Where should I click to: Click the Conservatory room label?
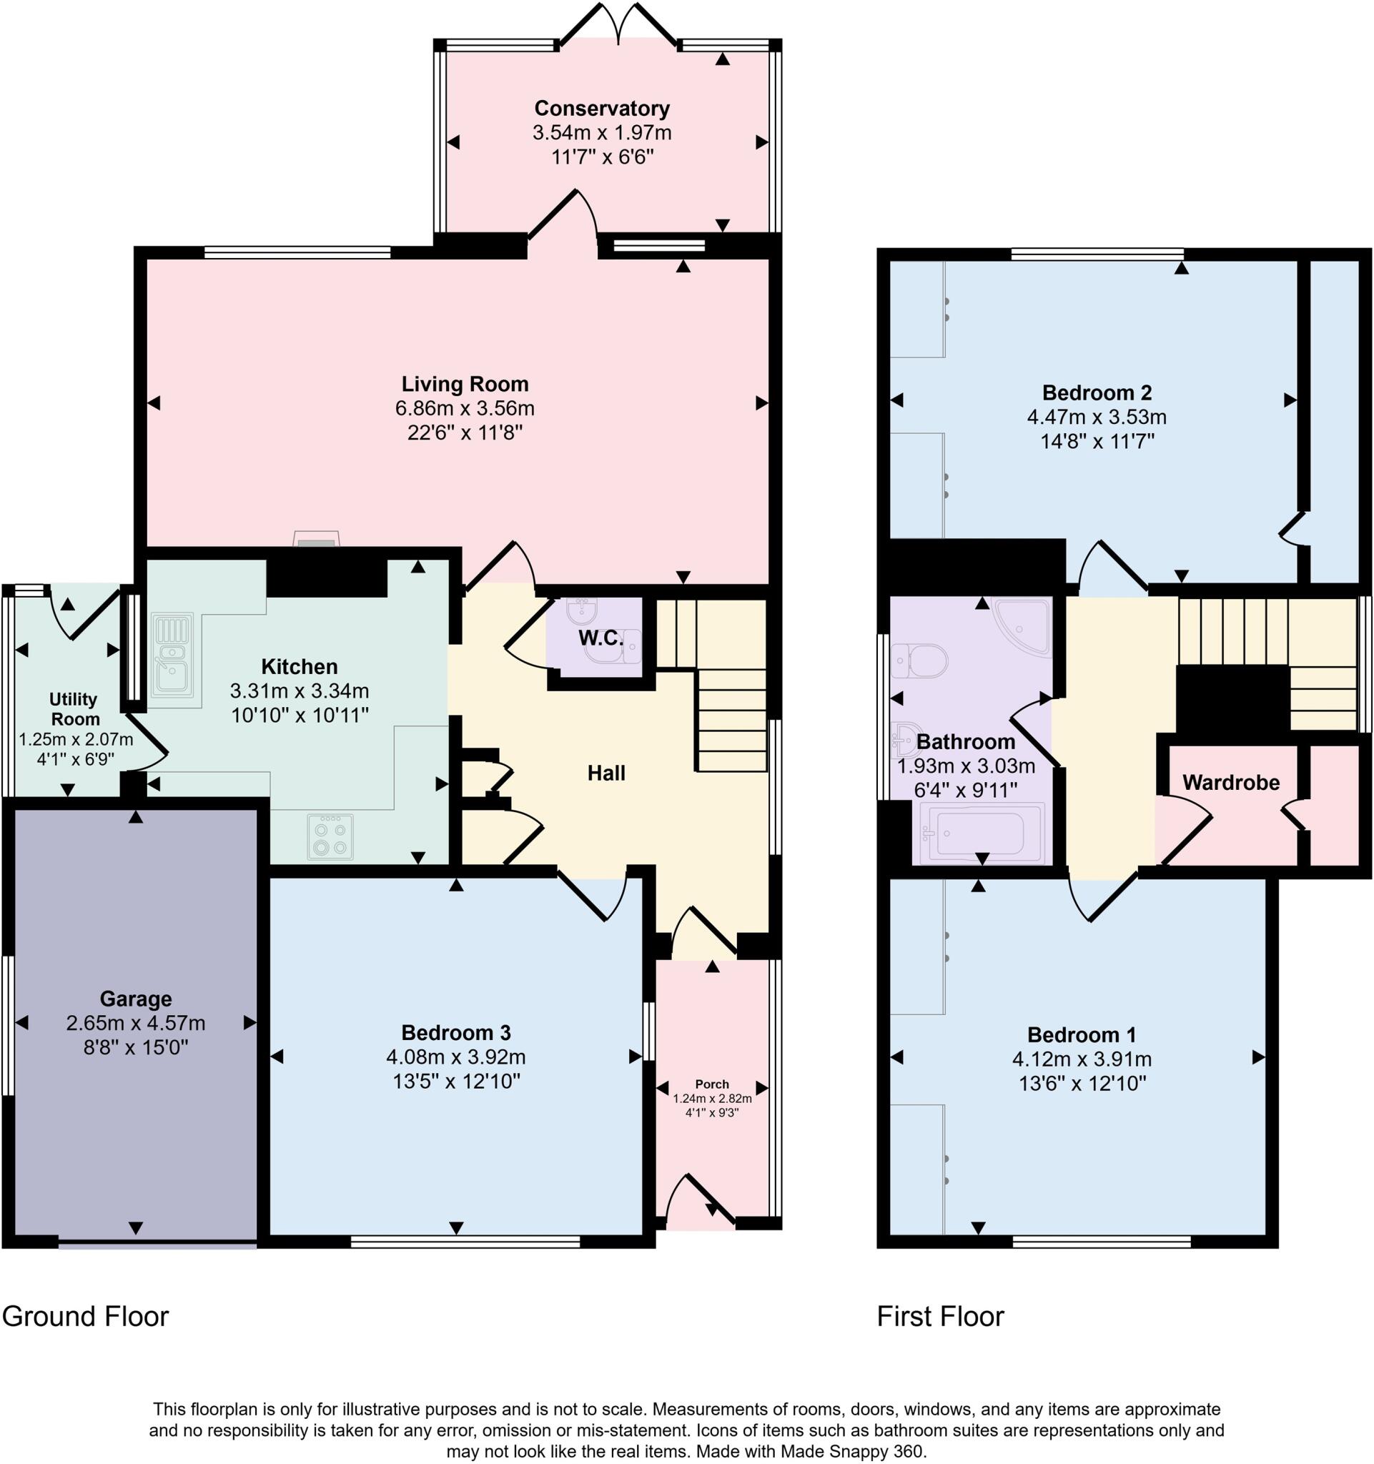[602, 108]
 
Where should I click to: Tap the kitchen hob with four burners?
[330, 837]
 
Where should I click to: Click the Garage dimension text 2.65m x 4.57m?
[136, 1023]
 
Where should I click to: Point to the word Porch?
[711, 1084]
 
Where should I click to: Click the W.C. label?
[600, 638]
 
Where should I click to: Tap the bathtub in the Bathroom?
[982, 833]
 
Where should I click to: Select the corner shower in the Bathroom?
[1024, 625]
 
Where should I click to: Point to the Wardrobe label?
[1230, 782]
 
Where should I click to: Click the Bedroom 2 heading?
[1097, 392]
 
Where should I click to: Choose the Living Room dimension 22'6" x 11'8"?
[465, 432]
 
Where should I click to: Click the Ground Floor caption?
[85, 1317]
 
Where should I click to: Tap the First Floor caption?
[939, 1317]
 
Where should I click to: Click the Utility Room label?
[74, 708]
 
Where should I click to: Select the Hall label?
[606, 773]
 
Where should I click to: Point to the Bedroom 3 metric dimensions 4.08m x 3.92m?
[456, 1057]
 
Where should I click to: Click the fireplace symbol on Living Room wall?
[317, 540]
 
